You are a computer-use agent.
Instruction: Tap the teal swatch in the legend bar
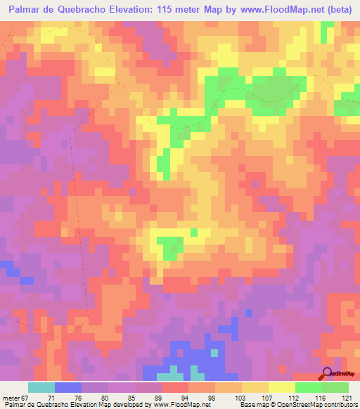click(41, 387)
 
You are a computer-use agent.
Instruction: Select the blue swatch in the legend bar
click(67, 387)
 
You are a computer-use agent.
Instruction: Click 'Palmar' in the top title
click(25, 8)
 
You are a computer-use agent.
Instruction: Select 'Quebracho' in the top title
click(81, 8)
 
